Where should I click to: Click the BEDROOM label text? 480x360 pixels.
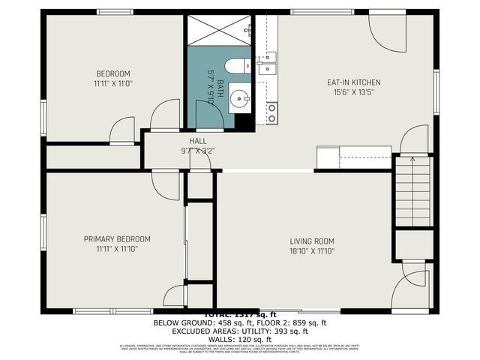[112, 73]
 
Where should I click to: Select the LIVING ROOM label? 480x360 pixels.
[313, 241]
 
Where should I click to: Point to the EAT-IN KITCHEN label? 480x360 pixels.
[353, 82]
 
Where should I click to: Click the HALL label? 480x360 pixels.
[198, 140]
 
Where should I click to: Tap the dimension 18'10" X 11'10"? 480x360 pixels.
[313, 250]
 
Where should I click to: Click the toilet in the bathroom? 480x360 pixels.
[238, 67]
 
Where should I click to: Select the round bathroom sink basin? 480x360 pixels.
[240, 97]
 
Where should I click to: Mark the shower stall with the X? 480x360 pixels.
[220, 29]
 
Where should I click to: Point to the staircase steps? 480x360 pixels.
[414, 191]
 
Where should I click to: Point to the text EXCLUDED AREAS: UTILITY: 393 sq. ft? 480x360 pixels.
[240, 331]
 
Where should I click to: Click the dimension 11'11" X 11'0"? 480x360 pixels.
[112, 83]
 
